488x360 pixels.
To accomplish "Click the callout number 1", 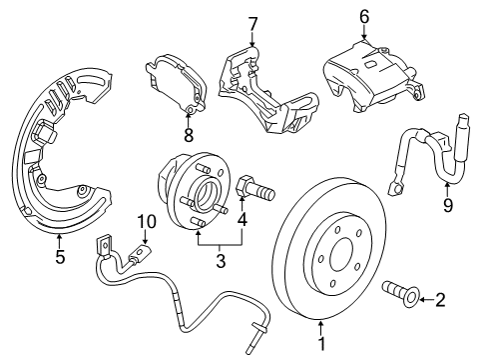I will tap(320, 344).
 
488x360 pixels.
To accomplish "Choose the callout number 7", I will tap(252, 22).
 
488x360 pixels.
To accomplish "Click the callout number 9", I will tap(448, 206).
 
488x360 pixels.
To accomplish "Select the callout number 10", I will tap(147, 222).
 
